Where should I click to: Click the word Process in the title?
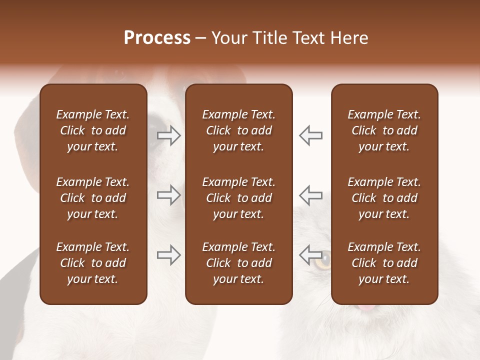click(x=157, y=38)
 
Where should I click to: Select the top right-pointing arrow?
click(x=169, y=135)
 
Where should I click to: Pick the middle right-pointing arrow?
click(x=169, y=195)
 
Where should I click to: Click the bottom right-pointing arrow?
click(x=169, y=255)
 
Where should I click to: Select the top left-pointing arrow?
click(x=310, y=135)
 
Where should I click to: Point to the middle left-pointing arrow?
click(x=310, y=195)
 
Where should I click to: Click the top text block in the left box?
click(x=93, y=130)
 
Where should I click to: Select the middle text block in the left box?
click(x=93, y=198)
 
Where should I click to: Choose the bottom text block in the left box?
click(x=93, y=263)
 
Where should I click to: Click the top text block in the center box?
click(x=239, y=130)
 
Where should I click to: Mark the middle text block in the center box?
click(x=239, y=198)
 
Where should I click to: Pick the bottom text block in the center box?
click(x=239, y=263)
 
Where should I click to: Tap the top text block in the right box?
click(x=384, y=130)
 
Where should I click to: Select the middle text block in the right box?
click(x=384, y=198)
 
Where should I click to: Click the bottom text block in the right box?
click(x=384, y=263)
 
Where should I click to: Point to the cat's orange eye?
click(x=325, y=258)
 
